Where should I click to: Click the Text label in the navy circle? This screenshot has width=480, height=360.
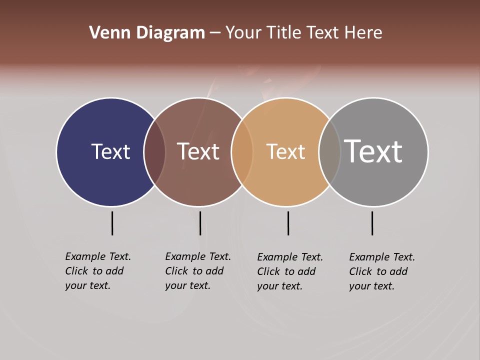tap(110, 151)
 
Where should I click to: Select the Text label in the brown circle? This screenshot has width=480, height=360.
tap(198, 151)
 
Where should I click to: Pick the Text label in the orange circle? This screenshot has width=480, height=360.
tap(285, 151)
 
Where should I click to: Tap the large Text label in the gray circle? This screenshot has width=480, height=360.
tap(373, 151)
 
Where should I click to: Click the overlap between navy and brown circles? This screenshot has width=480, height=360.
tap(154, 152)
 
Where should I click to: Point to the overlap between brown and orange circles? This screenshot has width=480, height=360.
tap(242, 152)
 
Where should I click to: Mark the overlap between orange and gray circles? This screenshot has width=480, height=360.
tap(329, 152)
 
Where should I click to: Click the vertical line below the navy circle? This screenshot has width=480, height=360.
tap(112, 223)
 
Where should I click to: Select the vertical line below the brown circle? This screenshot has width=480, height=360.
tap(200, 223)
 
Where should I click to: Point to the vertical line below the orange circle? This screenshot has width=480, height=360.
tap(288, 223)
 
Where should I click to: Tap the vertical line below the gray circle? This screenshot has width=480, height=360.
tap(372, 223)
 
